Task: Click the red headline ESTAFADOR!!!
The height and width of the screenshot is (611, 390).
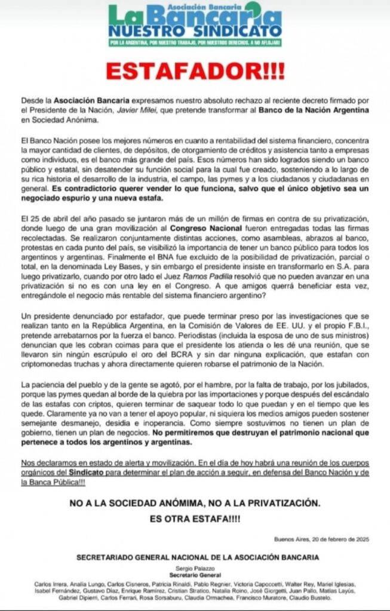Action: pos(195,71)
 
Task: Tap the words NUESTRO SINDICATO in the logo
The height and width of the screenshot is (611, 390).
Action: pos(195,29)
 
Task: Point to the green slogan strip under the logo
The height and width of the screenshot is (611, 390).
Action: pos(195,43)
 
